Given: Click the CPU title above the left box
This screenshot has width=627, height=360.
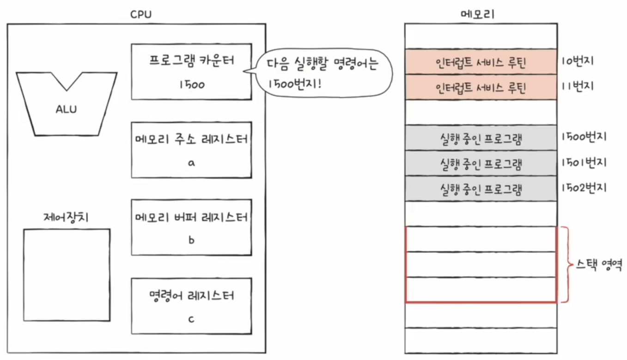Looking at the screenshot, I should pos(141,14).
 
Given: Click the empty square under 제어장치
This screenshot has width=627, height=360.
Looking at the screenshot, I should pos(67,275).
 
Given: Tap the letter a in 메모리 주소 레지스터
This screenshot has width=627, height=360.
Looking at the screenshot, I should pos(191,163).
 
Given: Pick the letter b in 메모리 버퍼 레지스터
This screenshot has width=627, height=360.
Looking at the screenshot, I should pos(191,240).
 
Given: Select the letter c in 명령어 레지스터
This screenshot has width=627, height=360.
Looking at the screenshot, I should pos(191,318).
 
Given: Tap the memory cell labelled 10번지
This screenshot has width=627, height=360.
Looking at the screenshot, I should pos(481,61).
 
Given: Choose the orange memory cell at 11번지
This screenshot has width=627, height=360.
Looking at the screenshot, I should pos(481,87).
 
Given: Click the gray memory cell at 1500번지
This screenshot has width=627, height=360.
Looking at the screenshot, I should pos(481,138).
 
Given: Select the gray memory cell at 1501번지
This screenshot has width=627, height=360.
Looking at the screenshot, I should pos(481,163).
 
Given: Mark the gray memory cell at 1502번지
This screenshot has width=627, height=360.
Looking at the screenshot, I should pos(481,189).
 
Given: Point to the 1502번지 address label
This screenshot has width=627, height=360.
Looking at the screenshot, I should pos(584,188).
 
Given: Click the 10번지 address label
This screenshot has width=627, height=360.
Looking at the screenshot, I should pos(578,61).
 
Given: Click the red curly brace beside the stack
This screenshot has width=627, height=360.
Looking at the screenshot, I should pos(566,265).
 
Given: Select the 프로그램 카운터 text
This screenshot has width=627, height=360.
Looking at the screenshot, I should pos(191,61).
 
